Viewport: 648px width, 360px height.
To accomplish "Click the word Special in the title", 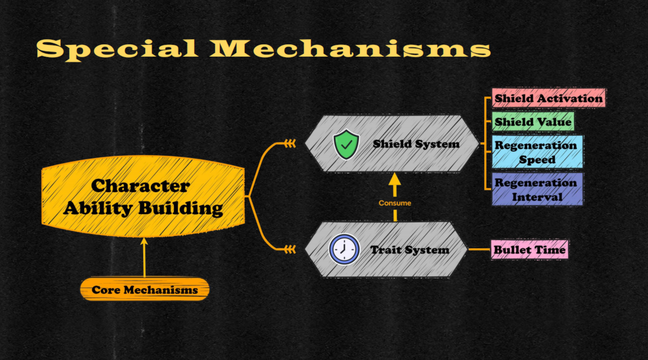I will (117, 49).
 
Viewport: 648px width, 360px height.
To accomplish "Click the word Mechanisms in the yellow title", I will (350, 49).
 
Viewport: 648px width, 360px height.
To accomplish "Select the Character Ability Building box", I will (143, 196).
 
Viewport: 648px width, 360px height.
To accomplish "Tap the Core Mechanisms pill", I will (144, 290).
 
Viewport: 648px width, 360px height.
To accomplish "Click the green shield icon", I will (346, 144).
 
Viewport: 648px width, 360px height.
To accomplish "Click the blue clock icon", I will (344, 249).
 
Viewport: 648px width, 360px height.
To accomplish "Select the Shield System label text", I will (416, 144).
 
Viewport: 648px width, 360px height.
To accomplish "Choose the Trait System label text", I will (409, 250).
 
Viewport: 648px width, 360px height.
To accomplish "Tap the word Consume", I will (395, 203).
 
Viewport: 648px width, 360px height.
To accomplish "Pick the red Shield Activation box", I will (548, 98).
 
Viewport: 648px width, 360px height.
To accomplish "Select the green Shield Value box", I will (533, 122).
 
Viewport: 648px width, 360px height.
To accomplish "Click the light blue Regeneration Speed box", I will (537, 152).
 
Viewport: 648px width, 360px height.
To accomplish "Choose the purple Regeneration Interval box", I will (537, 189).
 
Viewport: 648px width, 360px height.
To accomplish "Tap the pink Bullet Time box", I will (529, 250).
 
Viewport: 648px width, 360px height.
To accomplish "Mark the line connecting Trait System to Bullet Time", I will (479, 249).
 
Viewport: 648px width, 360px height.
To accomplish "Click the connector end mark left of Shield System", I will (290, 143).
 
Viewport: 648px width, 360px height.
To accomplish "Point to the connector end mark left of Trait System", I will (290, 250).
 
